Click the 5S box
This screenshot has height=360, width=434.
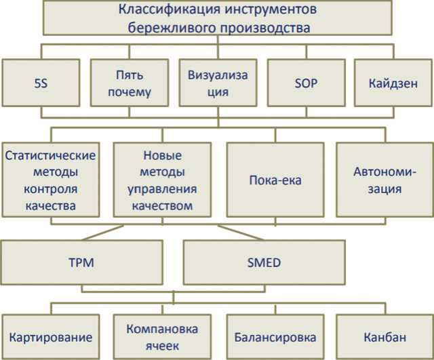pos(40,83)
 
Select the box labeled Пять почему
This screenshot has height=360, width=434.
pos(129,83)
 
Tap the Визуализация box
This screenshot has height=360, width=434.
pos(217,83)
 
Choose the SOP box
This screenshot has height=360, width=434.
pos(306,83)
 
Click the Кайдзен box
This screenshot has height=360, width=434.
pos(393,83)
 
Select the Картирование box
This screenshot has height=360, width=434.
pos(51,337)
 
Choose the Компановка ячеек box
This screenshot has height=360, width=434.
pos(163,337)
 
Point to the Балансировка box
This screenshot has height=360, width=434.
pos(275,337)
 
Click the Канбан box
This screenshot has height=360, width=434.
pos(384,337)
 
